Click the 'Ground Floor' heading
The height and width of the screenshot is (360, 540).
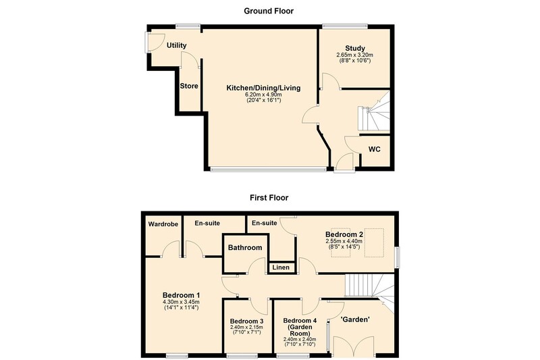coord(269,11)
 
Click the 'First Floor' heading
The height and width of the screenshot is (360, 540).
coord(269,198)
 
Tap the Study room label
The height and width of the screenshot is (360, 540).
coord(355,48)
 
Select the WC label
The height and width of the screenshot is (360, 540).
coord(375,149)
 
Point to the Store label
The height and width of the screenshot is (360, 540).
coord(189,86)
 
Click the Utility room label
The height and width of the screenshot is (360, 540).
coord(177,45)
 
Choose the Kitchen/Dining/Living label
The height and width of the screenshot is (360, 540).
coord(263,88)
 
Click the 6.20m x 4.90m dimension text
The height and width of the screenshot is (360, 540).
coord(263,95)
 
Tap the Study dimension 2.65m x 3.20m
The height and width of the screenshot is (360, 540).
coord(355,55)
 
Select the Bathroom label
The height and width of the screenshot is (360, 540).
coord(245,248)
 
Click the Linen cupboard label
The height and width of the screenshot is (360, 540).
coord(281,267)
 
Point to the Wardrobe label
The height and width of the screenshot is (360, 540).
coord(163,224)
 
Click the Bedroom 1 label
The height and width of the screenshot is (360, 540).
coord(181,295)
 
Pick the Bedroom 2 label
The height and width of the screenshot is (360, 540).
coord(344,234)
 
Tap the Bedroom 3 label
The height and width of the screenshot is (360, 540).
coord(246,321)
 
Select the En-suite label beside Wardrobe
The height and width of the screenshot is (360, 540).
coord(207,224)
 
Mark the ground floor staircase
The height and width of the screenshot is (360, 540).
coord(374,111)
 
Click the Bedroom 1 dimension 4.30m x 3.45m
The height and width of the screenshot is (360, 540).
coord(181,302)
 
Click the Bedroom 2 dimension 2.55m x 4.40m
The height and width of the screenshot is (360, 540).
coord(344,241)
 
